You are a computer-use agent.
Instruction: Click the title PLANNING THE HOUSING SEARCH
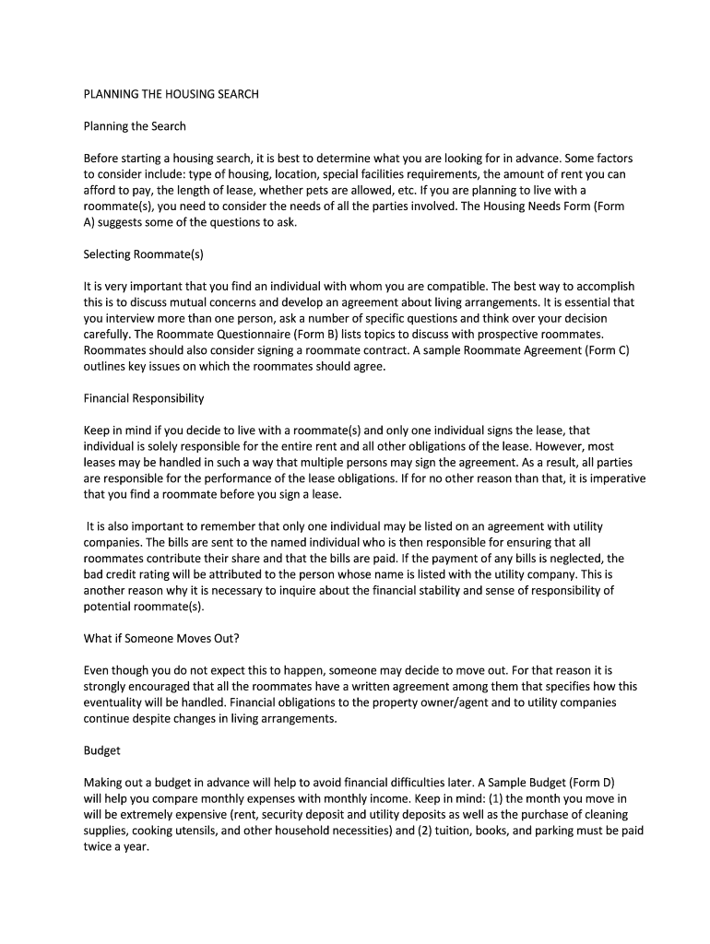pos(172,94)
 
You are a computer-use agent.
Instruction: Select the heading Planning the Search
pos(135,126)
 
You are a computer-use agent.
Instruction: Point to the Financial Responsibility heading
pos(144,398)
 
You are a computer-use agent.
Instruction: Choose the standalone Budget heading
pos(102,750)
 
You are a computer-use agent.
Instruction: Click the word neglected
pos(562,559)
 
